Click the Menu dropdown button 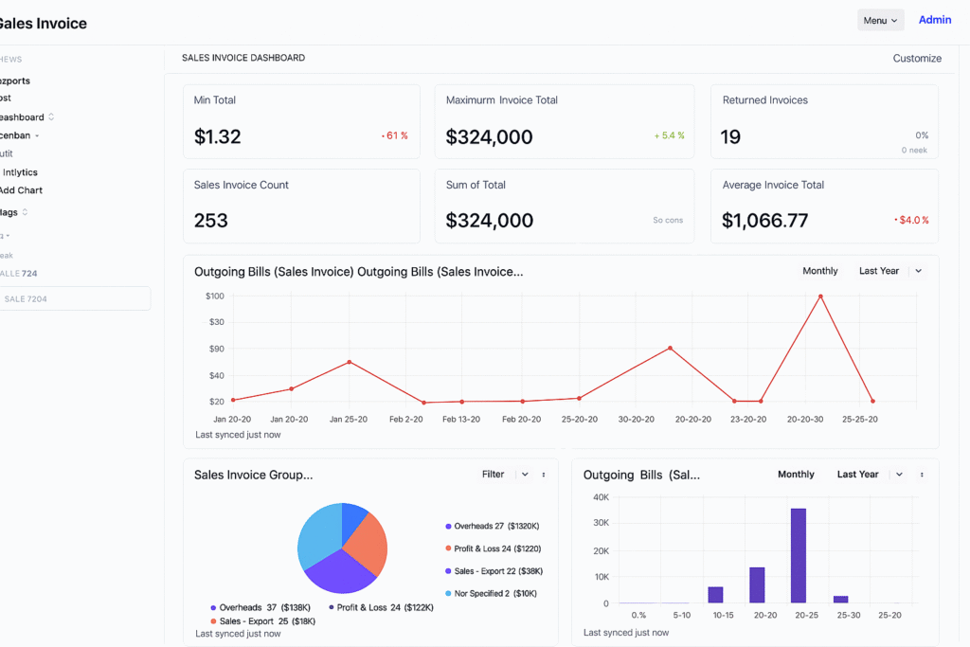(880, 20)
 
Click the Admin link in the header (934, 20)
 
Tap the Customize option (916, 59)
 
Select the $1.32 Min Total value (218, 136)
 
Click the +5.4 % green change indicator (669, 135)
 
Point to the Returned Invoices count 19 (730, 136)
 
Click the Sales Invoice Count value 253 (211, 221)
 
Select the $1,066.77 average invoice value (764, 221)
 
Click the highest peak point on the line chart (820, 297)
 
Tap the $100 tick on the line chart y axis (215, 297)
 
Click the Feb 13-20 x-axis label (461, 419)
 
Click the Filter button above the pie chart (494, 475)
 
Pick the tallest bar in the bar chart (799, 555)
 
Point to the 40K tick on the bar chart (601, 497)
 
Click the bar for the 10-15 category (715, 595)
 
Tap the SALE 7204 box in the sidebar (75, 299)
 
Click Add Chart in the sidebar (21, 190)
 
